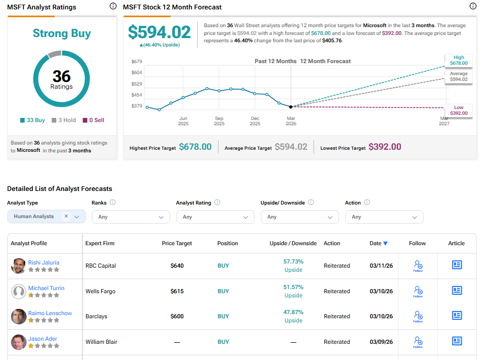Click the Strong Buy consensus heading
coord(62,33)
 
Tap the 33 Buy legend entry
coord(33,120)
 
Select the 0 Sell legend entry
coord(93,120)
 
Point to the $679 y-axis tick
coord(137,61)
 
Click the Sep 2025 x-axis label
coord(219,121)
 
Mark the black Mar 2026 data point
coord(291,106)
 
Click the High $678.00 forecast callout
coord(459,60)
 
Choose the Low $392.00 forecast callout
coord(459,110)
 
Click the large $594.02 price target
coord(160,32)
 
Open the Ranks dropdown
coord(130,217)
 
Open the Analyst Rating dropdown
coord(215,217)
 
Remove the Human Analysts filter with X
coord(66,216)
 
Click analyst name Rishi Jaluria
coord(44,262)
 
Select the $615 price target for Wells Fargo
coord(177,291)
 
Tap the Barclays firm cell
coord(97,316)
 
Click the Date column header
coord(378,243)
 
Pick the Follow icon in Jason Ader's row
coord(417,342)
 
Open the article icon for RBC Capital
coord(456,265)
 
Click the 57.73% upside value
coord(293,261)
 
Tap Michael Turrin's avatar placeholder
coord(19,291)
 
